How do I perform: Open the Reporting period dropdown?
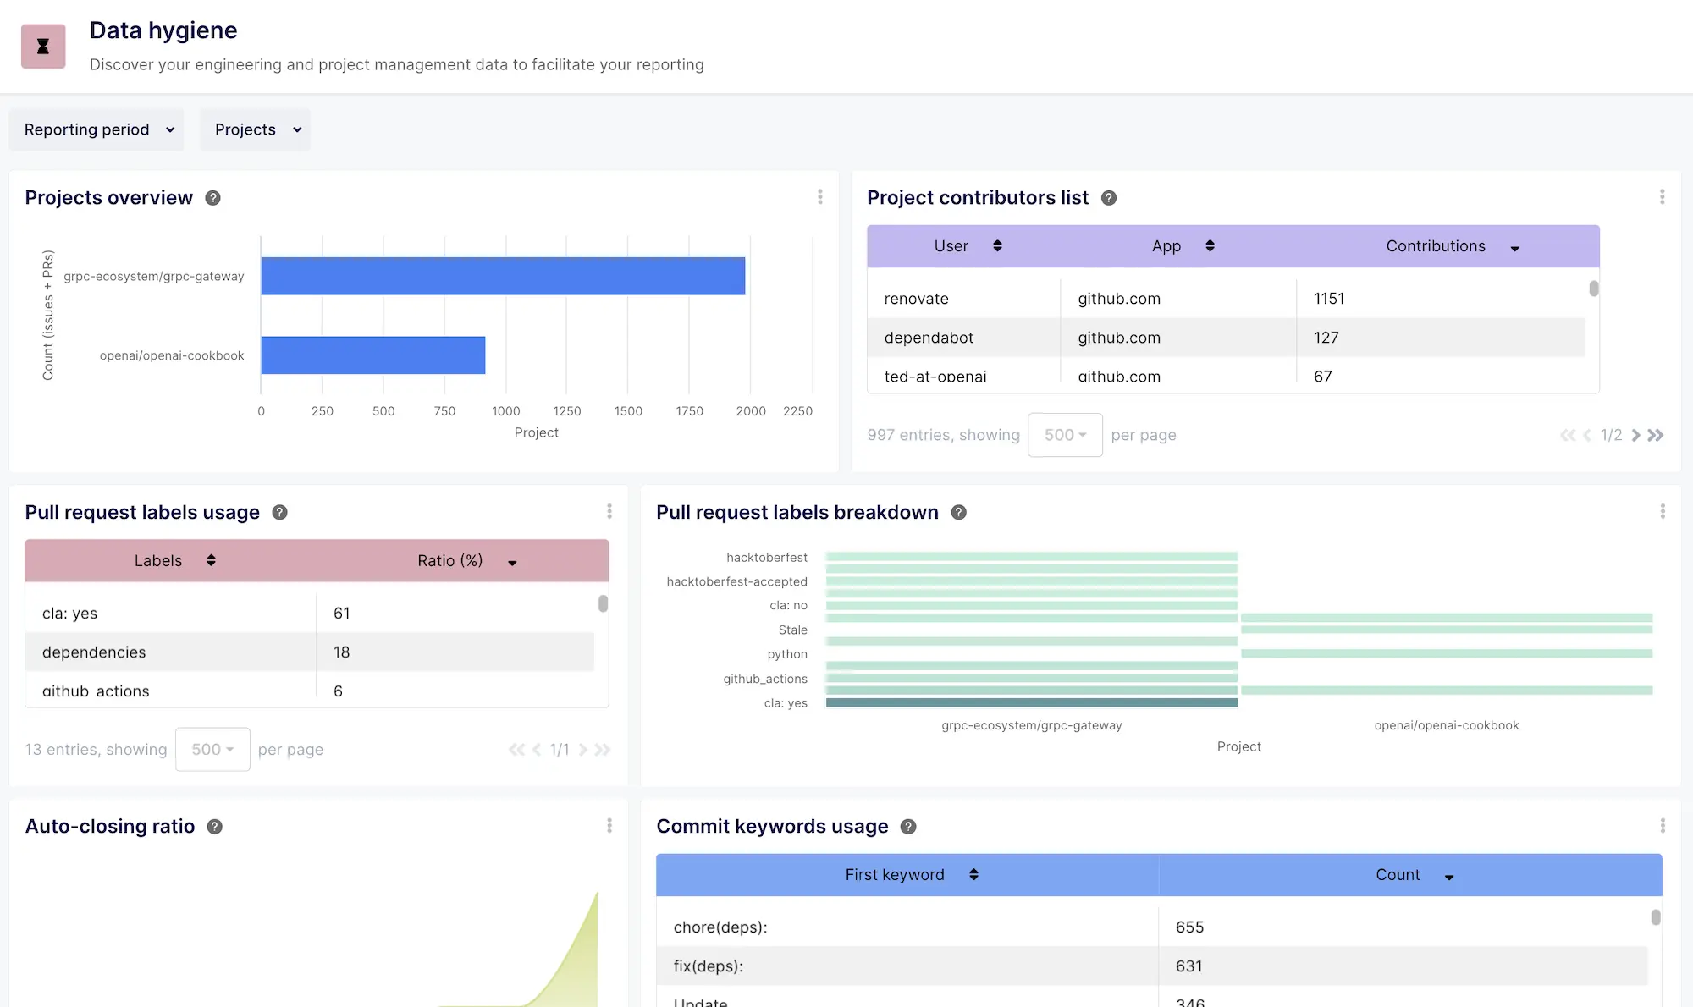click(97, 129)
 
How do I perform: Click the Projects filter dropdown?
click(256, 129)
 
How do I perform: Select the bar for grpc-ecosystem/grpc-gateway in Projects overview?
click(503, 276)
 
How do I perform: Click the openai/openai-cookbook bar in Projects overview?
click(372, 355)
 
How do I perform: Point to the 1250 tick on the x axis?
click(566, 411)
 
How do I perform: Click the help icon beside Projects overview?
click(213, 198)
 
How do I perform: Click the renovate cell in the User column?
click(916, 299)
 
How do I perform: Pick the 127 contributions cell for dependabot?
click(1326, 338)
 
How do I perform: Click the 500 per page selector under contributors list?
click(1064, 435)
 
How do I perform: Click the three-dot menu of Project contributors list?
click(1662, 197)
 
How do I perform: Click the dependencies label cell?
click(94, 652)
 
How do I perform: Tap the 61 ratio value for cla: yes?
click(341, 614)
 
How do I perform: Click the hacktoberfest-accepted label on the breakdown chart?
click(736, 581)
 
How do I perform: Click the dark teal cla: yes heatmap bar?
click(1031, 702)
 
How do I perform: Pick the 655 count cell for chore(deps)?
click(1189, 927)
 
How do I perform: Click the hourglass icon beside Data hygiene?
click(43, 47)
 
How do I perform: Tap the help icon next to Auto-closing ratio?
click(215, 827)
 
